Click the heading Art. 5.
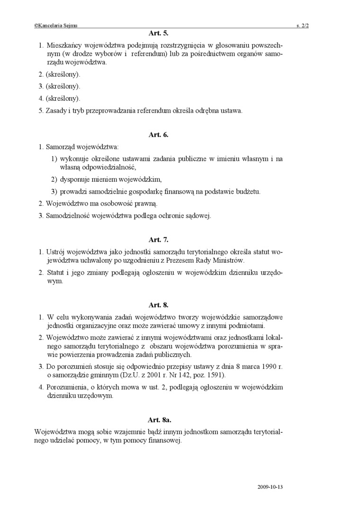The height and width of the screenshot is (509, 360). [x=158, y=34]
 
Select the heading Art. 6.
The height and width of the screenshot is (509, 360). [x=158, y=134]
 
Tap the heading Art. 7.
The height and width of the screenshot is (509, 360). [x=158, y=240]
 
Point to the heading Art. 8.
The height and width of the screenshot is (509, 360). [x=158, y=305]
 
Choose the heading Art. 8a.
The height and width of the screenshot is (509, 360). [x=159, y=420]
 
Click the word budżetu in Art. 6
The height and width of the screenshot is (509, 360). [x=247, y=191]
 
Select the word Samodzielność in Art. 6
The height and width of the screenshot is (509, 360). [x=68, y=216]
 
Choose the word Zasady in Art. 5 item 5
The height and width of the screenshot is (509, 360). [x=56, y=111]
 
